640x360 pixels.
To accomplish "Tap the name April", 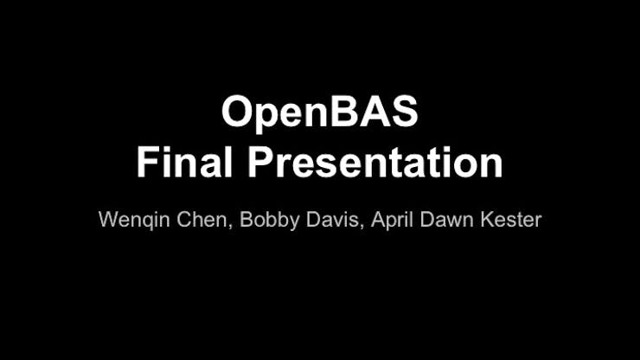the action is click(x=393, y=220).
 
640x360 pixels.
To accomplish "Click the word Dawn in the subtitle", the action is click(x=447, y=220).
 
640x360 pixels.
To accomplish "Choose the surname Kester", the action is click(x=511, y=220).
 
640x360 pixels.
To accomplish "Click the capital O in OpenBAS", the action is click(x=236, y=111).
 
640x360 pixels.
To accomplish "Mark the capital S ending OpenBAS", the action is click(x=405, y=111).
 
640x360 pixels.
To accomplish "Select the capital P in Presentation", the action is click(x=261, y=162).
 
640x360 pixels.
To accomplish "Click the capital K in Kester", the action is click(x=487, y=220).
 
